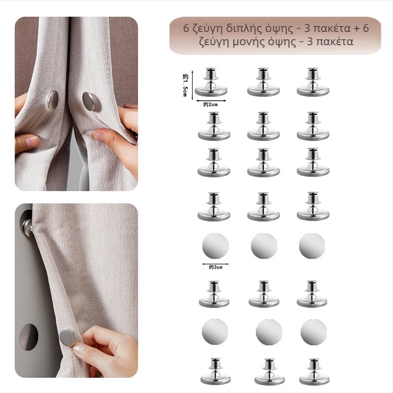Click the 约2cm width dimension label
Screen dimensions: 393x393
point(211,105)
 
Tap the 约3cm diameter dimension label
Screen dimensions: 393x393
point(216,267)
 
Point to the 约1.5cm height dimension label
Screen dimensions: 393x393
point(185,85)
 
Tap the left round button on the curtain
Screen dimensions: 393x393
point(53,100)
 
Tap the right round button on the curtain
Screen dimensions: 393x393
point(88,101)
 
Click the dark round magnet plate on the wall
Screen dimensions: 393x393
point(29,337)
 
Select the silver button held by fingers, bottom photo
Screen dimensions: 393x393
point(67,337)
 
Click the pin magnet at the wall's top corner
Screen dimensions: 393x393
point(27,225)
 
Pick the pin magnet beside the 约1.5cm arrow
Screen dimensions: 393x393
point(211,82)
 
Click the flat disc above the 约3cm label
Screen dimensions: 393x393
point(215,246)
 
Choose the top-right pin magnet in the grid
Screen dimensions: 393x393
point(313,82)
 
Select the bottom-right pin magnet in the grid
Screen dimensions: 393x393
point(314,372)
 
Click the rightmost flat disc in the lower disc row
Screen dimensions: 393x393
point(313,332)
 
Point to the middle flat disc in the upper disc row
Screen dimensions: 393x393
point(264,246)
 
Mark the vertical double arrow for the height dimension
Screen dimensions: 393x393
point(192,85)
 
